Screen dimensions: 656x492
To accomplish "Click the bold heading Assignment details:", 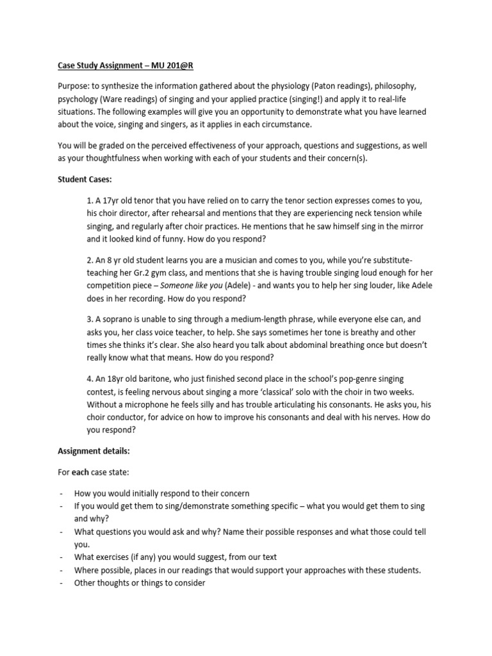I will [94, 450].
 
